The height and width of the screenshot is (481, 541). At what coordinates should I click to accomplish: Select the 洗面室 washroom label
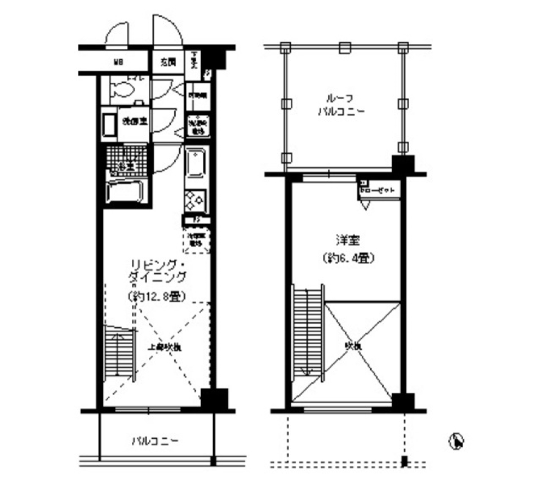coord(135,121)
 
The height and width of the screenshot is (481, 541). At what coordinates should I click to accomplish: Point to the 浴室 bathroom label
coord(126,166)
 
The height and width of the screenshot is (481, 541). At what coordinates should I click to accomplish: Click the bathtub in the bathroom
coord(127,191)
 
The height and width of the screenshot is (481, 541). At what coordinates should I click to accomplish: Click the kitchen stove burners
coord(196,201)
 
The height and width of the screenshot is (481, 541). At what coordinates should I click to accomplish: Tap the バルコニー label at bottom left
coord(156,439)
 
